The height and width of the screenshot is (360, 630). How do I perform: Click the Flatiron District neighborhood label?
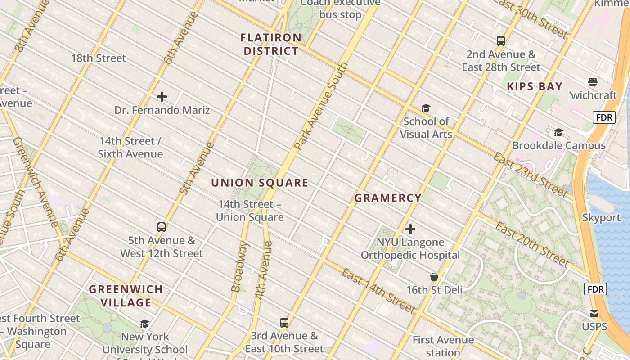(x=271, y=44)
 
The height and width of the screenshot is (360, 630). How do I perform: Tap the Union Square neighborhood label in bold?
(x=260, y=183)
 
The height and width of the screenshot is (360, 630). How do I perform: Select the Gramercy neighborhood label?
(x=388, y=198)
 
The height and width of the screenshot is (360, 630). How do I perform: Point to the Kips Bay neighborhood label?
(x=535, y=86)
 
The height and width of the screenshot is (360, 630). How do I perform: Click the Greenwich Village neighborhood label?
(x=126, y=296)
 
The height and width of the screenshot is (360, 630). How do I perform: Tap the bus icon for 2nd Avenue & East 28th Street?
(x=501, y=41)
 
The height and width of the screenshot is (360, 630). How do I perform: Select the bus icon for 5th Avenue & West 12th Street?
(x=162, y=227)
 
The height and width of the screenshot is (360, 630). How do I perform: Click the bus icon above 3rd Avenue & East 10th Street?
(x=284, y=322)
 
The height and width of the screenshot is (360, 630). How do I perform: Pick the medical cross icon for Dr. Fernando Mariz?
(x=162, y=97)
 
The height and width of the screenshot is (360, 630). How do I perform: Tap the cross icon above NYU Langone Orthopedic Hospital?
(x=410, y=229)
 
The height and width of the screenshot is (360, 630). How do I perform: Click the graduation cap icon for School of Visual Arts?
(x=426, y=108)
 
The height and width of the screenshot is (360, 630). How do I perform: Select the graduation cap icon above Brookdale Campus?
(x=558, y=132)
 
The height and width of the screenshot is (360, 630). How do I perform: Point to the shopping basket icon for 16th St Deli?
(x=434, y=277)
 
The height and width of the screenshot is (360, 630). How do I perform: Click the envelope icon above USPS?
(x=594, y=314)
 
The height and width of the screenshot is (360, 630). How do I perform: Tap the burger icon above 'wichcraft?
(x=592, y=82)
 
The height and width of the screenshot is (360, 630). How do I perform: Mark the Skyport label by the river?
(x=601, y=218)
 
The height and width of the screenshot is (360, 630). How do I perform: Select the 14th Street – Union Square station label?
(x=250, y=211)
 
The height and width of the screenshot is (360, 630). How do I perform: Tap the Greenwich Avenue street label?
(x=35, y=182)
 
